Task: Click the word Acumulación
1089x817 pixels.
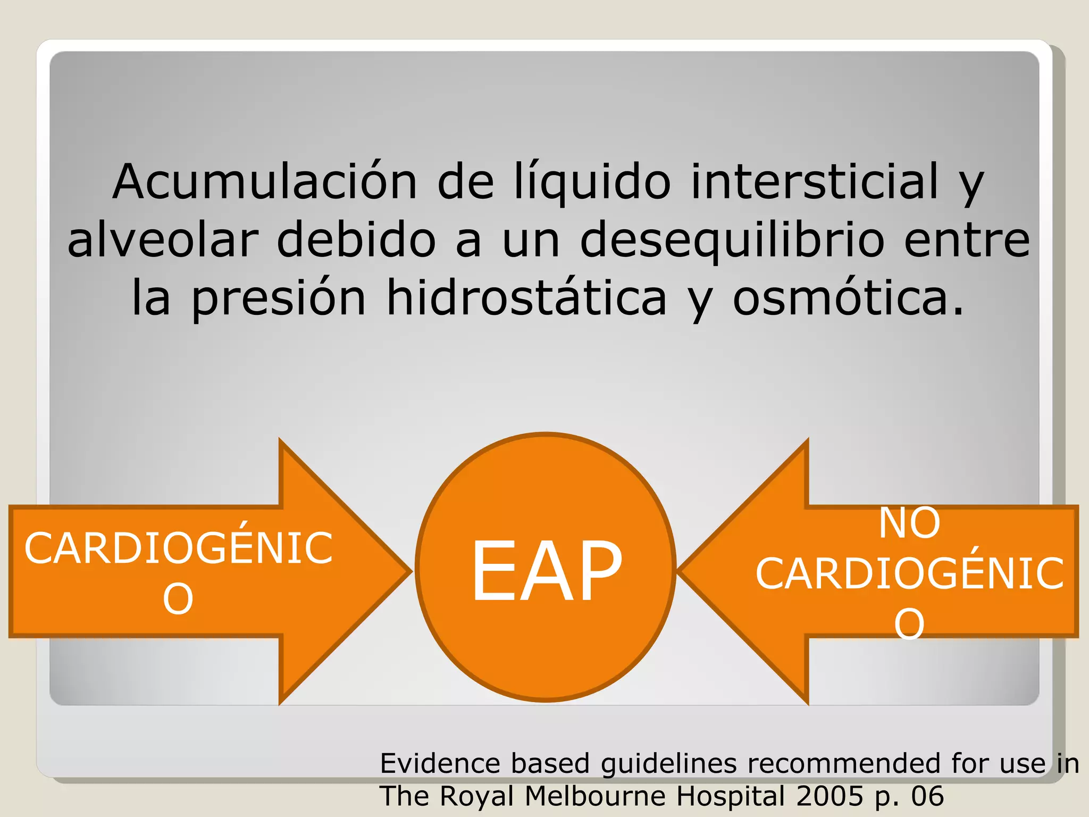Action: click(x=264, y=182)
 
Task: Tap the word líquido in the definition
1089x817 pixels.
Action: click(x=592, y=182)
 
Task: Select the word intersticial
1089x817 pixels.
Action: click(x=815, y=182)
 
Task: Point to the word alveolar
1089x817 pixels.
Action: click(x=163, y=240)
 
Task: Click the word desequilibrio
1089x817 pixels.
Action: click(x=733, y=240)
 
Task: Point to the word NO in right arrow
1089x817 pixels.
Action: click(x=909, y=523)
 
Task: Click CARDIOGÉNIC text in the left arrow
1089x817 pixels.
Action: click(x=179, y=548)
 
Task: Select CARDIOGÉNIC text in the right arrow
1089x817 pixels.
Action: click(x=909, y=574)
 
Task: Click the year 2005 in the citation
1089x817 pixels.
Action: click(x=830, y=796)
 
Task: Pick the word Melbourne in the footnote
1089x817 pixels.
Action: click(x=595, y=796)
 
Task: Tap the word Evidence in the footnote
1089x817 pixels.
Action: click(x=440, y=763)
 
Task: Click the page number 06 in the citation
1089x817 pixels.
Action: click(x=927, y=796)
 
